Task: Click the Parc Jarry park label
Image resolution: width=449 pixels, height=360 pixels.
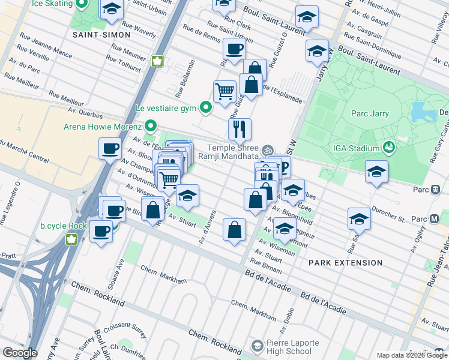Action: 370,113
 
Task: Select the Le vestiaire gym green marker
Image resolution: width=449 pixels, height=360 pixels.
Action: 206,109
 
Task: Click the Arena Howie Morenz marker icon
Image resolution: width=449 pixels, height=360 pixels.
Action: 150,127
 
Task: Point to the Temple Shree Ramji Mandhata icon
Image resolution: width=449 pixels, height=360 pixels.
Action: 268,148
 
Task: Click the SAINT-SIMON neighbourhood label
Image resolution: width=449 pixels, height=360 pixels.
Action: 101,35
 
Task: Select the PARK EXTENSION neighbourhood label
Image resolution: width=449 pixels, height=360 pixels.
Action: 345,263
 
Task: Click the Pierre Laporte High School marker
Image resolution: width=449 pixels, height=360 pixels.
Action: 258,346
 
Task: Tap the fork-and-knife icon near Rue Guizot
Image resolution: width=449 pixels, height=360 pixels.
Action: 240,128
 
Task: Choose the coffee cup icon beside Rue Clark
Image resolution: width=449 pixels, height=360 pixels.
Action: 234,49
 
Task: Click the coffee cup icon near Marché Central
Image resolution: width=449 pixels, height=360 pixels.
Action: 110,148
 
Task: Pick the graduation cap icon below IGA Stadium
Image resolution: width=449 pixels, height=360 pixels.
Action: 376,172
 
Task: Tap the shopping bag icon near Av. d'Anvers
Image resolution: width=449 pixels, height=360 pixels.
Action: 234,229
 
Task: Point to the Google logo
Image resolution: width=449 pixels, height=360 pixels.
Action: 19,353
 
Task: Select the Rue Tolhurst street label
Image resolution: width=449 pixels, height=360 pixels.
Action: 123,63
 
